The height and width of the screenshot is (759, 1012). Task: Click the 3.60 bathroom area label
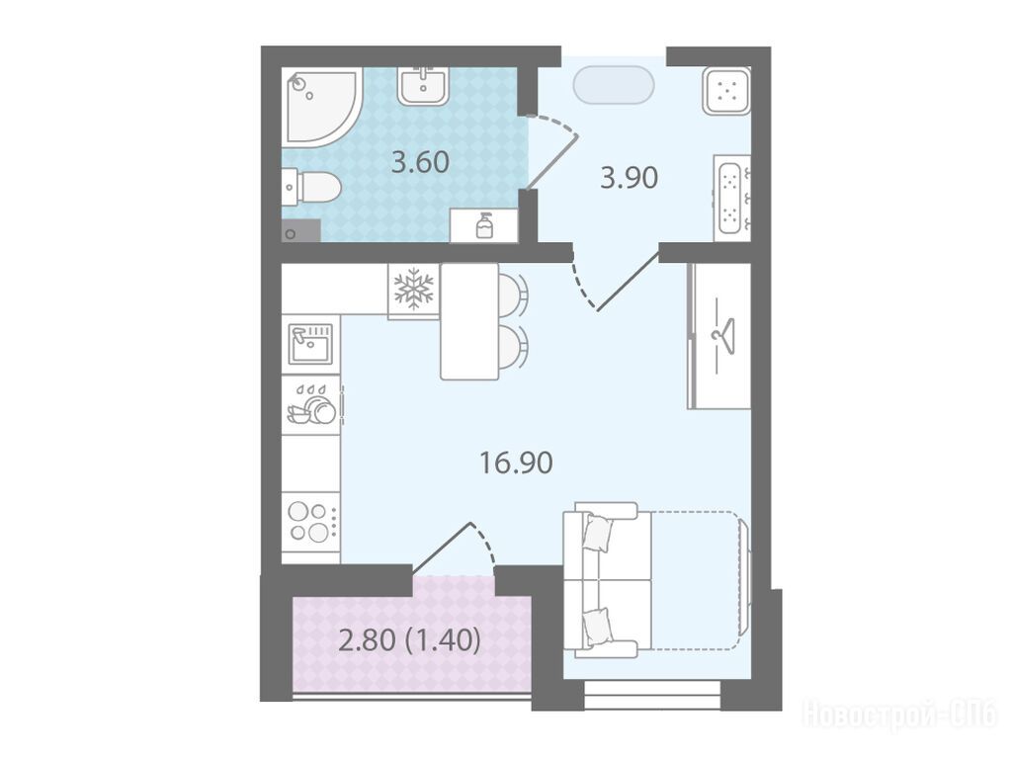pyautogui.click(x=420, y=162)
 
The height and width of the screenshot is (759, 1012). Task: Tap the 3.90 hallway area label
pyautogui.click(x=629, y=178)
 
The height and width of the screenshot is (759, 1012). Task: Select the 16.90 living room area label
pyautogui.click(x=516, y=463)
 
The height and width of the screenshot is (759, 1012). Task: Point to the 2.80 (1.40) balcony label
pyautogui.click(x=410, y=640)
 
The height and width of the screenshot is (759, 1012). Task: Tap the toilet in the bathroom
pyautogui.click(x=311, y=187)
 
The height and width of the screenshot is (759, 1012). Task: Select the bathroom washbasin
pyautogui.click(x=423, y=85)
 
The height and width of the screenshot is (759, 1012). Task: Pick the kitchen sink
pyautogui.click(x=310, y=344)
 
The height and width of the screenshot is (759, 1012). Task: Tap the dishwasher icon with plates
pyautogui.click(x=311, y=405)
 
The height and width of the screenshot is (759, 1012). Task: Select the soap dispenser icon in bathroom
pyautogui.click(x=484, y=225)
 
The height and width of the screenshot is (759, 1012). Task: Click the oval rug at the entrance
pyautogui.click(x=614, y=84)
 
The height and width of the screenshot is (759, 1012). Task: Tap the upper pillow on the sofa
pyautogui.click(x=598, y=532)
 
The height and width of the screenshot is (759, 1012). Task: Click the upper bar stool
pyautogui.click(x=513, y=293)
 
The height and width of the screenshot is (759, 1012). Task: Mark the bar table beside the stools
pyautogui.click(x=469, y=321)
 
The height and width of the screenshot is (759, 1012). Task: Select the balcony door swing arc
pyautogui.click(x=486, y=544)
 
